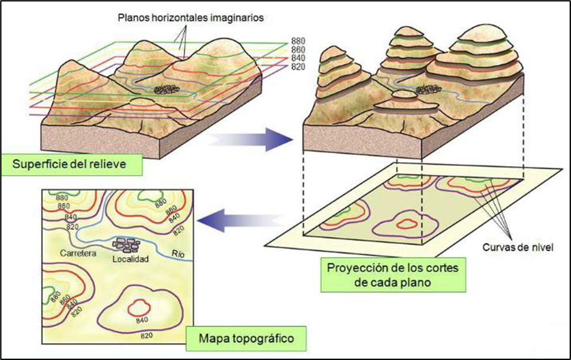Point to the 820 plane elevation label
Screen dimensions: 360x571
[x=298, y=66]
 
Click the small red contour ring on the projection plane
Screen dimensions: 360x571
[x=408, y=224]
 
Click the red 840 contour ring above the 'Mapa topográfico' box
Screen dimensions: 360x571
[x=139, y=307]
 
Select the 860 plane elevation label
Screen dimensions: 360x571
[x=298, y=49]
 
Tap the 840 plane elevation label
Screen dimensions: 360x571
[x=298, y=58]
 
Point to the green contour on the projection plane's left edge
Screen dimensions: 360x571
[x=342, y=211]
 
